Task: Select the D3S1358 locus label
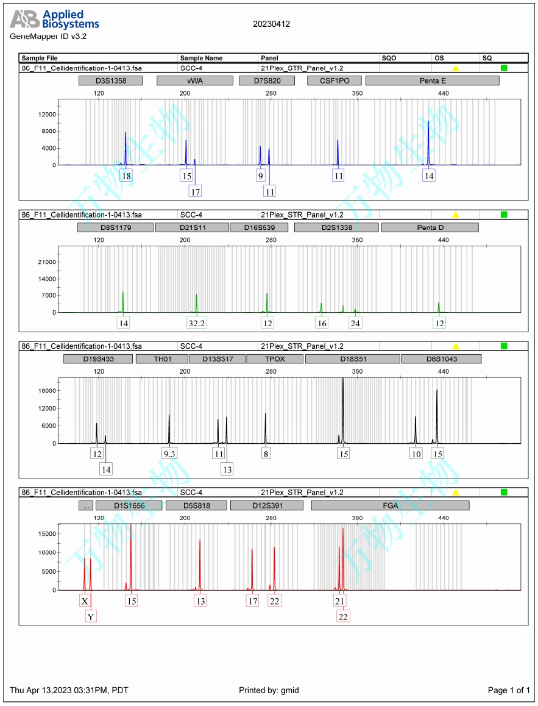[110, 80]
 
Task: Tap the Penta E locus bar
[432, 80]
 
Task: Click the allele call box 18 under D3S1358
[126, 176]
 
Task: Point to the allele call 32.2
[196, 323]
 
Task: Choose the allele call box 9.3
[169, 454]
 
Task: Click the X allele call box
[85, 601]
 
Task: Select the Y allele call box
[91, 616]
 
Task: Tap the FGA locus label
[390, 505]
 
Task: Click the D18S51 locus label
[352, 358]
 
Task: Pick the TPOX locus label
[274, 358]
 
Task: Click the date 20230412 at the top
[271, 24]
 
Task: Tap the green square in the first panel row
[504, 68]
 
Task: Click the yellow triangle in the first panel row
[455, 68]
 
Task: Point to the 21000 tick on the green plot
[47, 262]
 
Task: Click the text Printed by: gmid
[269, 690]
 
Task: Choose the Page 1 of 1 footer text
[509, 690]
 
